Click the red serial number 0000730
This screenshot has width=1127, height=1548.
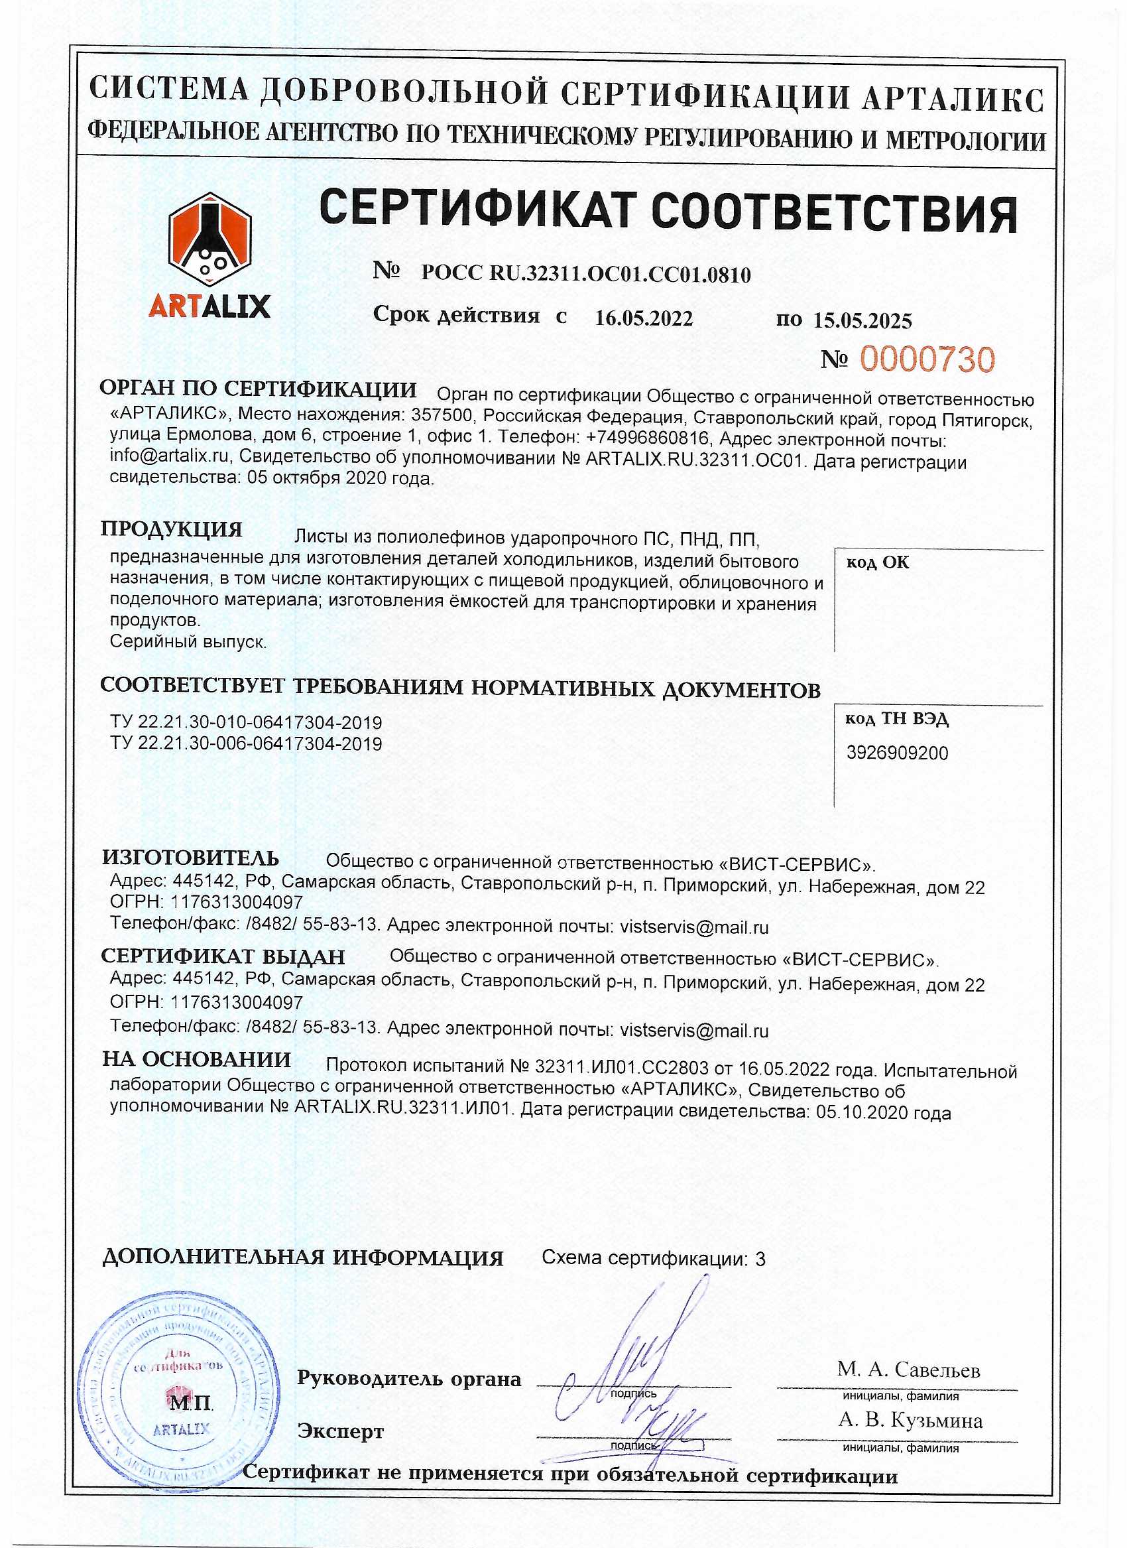(x=926, y=359)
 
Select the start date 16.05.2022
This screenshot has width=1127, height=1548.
(x=643, y=318)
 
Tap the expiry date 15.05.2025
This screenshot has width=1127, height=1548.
(x=862, y=320)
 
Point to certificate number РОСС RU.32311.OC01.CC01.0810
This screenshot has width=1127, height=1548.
(x=585, y=275)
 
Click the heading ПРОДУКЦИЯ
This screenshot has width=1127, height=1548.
(x=171, y=529)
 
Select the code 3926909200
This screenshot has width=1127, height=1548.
(x=896, y=753)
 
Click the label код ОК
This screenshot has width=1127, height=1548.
(x=877, y=562)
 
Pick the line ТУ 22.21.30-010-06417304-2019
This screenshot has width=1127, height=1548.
(x=246, y=722)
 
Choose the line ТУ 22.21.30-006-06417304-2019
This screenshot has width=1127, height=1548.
(x=246, y=743)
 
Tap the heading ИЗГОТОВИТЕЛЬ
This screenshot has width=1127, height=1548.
(x=190, y=858)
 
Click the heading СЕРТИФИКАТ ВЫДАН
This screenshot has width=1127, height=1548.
(x=223, y=956)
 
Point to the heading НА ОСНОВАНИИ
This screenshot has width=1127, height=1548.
(x=196, y=1059)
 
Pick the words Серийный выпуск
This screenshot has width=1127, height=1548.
(x=188, y=641)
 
